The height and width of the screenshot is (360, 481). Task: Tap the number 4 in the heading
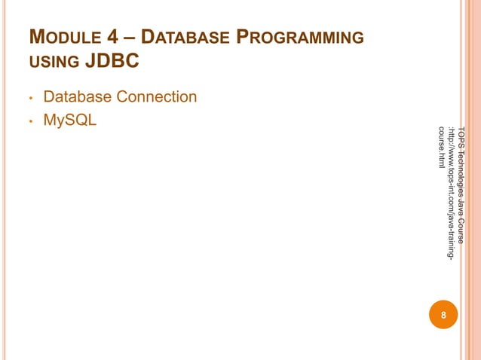tap(105, 38)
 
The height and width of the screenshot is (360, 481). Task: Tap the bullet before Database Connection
tap(29, 99)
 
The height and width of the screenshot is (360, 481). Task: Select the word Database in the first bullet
tap(78, 97)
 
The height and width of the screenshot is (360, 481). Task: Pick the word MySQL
tap(70, 121)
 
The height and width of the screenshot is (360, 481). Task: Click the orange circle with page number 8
tap(443, 315)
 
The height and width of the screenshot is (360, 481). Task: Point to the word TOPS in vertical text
tap(461, 133)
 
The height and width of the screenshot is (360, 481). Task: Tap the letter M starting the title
tap(35, 37)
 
